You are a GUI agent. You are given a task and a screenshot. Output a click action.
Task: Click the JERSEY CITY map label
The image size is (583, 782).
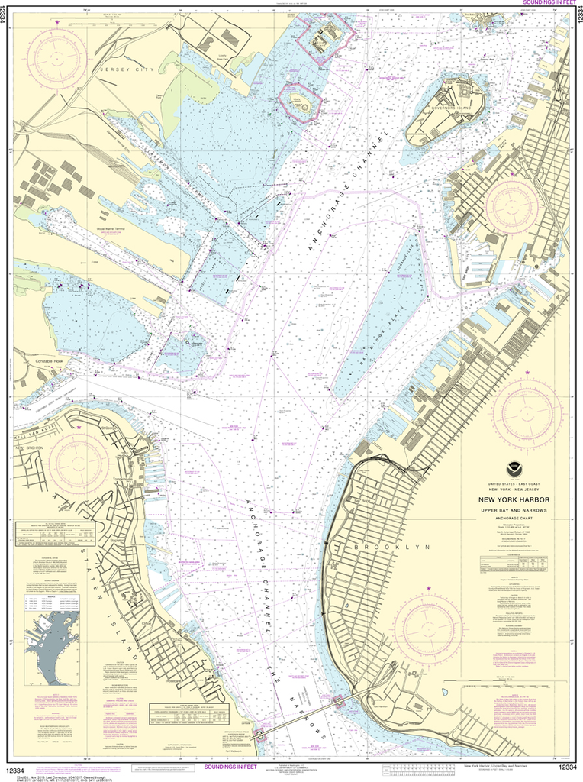(124, 69)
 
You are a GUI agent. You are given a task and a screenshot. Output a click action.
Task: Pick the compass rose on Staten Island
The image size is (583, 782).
(79, 462)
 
